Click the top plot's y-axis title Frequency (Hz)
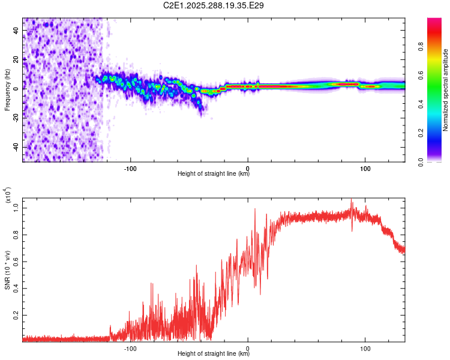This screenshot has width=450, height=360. [x=7, y=90]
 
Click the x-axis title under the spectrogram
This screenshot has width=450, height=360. [x=214, y=174]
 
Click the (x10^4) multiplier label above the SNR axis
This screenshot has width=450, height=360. [x=8, y=195]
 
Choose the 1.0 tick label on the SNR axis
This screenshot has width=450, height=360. [x=16, y=208]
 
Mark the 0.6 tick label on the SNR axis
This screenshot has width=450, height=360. [x=16, y=262]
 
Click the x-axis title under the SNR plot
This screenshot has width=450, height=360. [x=214, y=354]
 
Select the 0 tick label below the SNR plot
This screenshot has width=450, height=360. [x=248, y=347]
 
